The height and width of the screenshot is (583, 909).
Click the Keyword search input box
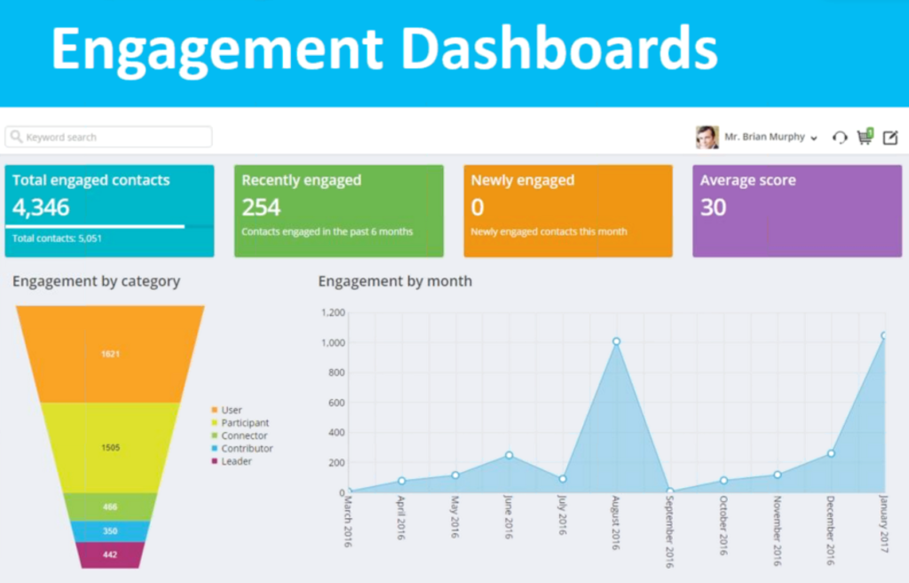point(108,137)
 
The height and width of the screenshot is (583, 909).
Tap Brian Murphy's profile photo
point(707,137)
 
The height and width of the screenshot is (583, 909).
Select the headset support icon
point(839,138)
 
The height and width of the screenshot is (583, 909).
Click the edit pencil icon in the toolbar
point(890,137)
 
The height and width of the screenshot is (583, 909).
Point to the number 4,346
point(41,208)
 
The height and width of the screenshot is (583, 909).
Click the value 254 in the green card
point(261,208)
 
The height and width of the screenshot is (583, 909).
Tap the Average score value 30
point(713,208)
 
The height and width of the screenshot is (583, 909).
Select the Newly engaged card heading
point(522,180)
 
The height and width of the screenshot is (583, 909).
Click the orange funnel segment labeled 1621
point(110,354)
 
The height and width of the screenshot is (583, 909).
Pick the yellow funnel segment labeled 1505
point(110,448)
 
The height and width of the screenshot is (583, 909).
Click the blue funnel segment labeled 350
point(110,531)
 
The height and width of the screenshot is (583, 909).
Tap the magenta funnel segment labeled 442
point(110,555)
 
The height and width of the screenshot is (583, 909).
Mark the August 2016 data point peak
point(616,342)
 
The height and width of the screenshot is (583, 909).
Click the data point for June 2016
point(509,455)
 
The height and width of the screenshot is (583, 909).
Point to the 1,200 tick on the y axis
point(331,312)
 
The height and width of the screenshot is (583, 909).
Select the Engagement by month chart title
point(395,281)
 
